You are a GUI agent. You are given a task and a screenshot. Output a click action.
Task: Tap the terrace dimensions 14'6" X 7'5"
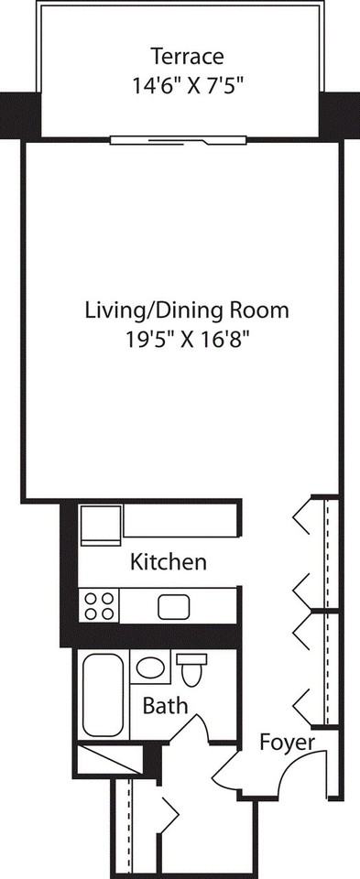(187, 85)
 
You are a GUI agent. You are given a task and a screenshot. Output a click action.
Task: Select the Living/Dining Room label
(186, 310)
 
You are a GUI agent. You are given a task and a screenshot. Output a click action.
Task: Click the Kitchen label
(168, 561)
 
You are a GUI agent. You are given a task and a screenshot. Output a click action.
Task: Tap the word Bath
(165, 706)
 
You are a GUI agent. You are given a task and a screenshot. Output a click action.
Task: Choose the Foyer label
(287, 741)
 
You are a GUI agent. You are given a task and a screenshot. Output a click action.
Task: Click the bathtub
(103, 694)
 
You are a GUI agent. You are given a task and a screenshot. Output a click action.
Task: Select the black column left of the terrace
(17, 114)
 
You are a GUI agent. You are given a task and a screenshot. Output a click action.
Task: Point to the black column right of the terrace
(340, 114)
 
